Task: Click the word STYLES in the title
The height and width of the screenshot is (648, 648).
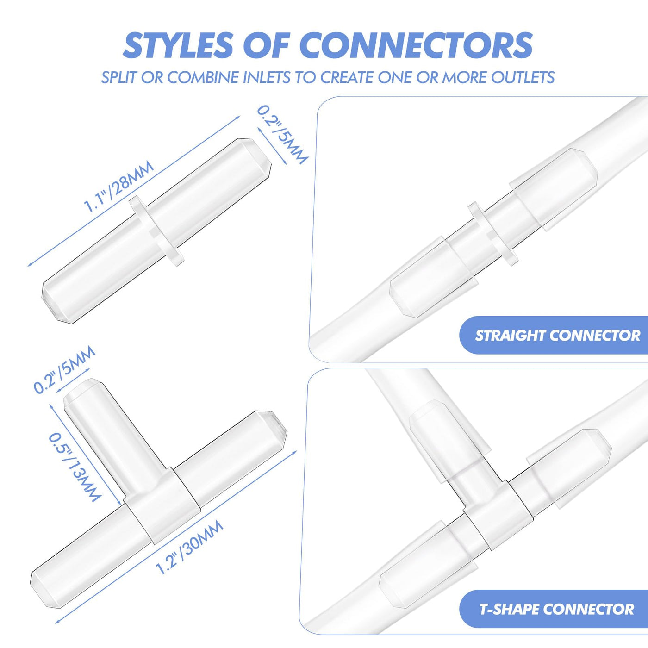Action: tap(178, 45)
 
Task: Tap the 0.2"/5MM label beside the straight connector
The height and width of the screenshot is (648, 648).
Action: tap(282, 135)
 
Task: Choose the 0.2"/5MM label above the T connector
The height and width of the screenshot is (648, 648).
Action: tap(64, 369)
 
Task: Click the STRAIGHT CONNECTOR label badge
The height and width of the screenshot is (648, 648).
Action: tap(553, 335)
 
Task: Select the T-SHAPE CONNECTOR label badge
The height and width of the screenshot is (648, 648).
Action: tap(553, 609)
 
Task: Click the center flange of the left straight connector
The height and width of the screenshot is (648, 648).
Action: tap(157, 231)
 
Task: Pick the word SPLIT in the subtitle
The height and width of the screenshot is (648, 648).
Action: tap(120, 77)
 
